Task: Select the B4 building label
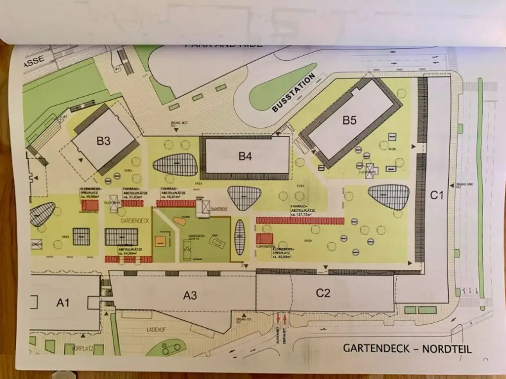click(246, 156)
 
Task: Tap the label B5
click(349, 120)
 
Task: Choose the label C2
click(323, 293)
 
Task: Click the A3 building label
click(190, 295)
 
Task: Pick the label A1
click(62, 303)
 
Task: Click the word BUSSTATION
click(294, 93)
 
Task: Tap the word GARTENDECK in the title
click(376, 349)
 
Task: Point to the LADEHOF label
click(156, 329)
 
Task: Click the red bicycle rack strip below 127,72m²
click(300, 221)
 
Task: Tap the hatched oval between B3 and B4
click(175, 165)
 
